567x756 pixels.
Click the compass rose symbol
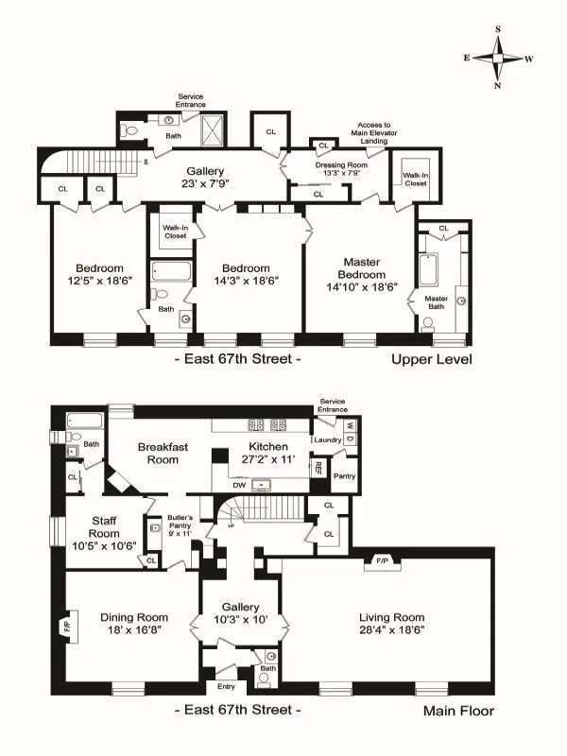pos(500,58)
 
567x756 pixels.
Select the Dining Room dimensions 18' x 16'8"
pos(134,632)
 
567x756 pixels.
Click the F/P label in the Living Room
pos(383,559)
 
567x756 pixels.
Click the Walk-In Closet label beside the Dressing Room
pos(415,179)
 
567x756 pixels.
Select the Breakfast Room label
pos(158,453)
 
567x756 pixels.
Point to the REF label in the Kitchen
pos(319,465)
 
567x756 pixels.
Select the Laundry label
pos(328,439)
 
